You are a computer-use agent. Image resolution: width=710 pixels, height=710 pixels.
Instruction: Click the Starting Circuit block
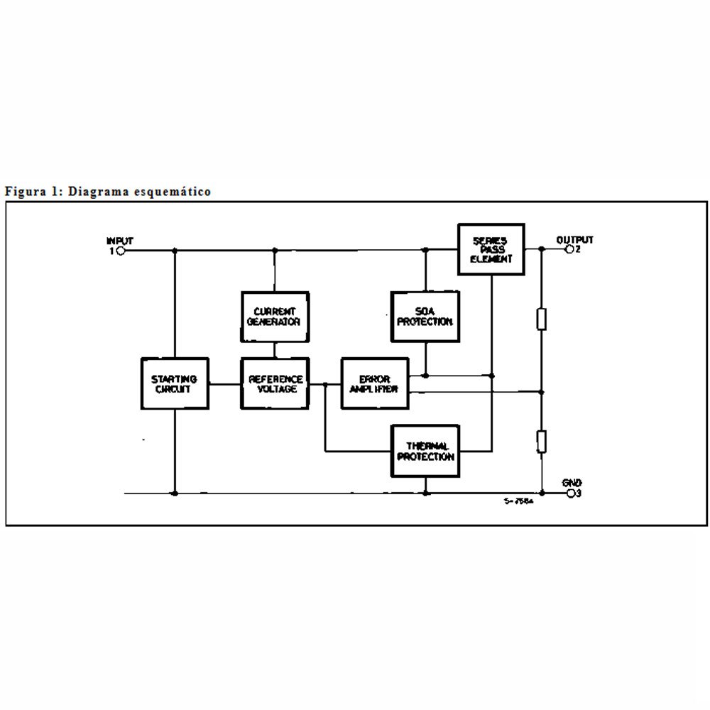coord(175,384)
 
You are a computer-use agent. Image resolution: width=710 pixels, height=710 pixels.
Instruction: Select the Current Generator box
coord(274,317)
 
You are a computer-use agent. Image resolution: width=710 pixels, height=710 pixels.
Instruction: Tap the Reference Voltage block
coord(275,384)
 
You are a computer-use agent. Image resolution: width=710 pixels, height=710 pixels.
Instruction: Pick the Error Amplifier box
coord(375,384)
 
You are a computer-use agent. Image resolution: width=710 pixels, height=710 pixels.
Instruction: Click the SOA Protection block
coord(425,317)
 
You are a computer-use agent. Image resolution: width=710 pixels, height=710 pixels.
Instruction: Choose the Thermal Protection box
coord(425,452)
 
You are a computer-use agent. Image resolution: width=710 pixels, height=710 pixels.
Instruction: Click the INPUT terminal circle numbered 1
coord(120,251)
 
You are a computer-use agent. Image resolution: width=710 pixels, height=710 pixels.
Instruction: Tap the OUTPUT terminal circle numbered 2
coord(568,250)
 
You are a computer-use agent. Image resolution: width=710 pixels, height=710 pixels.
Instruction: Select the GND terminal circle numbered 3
coord(569,493)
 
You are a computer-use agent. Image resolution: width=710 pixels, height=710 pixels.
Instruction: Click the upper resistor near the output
coord(542,319)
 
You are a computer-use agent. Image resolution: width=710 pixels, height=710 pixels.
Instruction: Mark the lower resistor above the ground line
coord(542,441)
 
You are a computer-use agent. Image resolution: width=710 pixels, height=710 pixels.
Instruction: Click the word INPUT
coord(119,241)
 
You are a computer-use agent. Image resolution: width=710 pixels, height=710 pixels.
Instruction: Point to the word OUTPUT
coord(574,240)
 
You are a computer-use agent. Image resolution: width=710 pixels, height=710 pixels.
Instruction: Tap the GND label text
coord(572,483)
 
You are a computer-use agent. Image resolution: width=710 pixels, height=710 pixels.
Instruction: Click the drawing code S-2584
coord(518,501)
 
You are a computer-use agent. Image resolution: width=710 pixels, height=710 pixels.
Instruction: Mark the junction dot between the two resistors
coord(542,391)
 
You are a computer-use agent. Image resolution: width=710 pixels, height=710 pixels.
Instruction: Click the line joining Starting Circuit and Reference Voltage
coord(224,384)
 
